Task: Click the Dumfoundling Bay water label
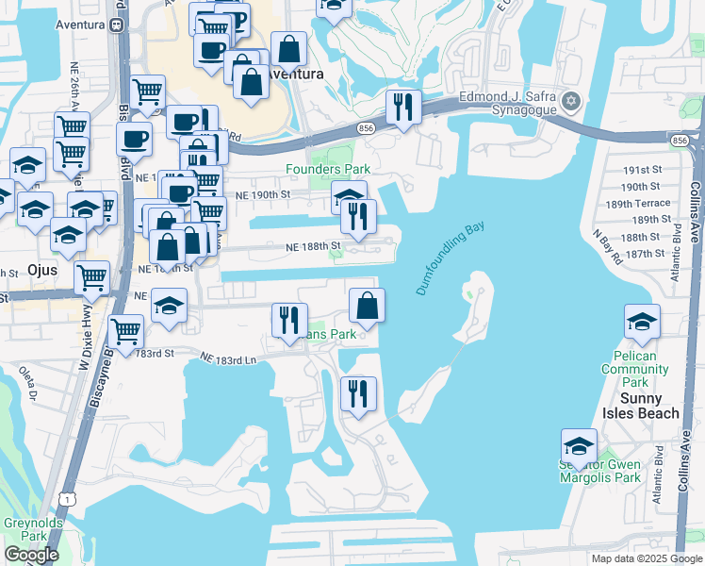click(456, 258)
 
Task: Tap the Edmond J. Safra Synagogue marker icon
click(569, 101)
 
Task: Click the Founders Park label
click(328, 169)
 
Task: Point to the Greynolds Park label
click(25, 528)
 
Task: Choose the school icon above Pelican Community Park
click(641, 322)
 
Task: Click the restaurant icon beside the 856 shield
click(403, 108)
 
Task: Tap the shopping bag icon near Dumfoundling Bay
click(367, 306)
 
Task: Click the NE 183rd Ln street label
click(228, 358)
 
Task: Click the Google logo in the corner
click(31, 555)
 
